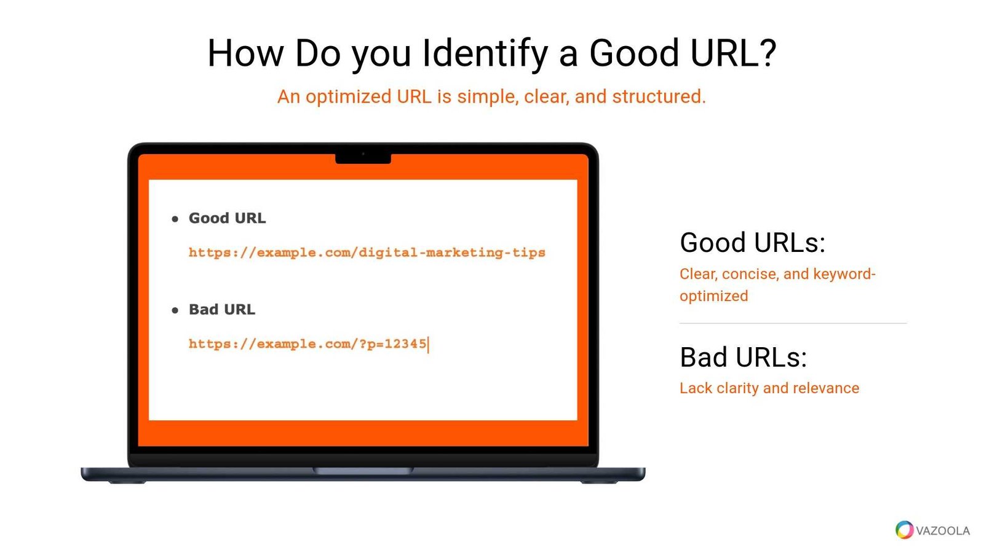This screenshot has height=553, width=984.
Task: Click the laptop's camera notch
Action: pos(363,159)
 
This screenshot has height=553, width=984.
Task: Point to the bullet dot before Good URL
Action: pos(175,219)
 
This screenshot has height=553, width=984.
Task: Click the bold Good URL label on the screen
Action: pos(227,218)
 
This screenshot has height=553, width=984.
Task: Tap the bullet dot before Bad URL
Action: pos(175,310)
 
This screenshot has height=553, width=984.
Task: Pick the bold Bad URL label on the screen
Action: pos(222,310)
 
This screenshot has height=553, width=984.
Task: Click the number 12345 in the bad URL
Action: pos(405,343)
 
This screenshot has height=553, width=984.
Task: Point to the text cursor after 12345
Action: pos(428,345)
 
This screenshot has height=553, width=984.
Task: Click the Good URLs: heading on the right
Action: pos(753,242)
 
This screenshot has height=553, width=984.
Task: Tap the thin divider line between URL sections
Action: pos(793,323)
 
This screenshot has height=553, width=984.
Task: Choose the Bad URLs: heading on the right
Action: pos(744,357)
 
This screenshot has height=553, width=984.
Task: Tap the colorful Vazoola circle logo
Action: pos(904,530)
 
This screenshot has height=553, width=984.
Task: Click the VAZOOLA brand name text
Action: pos(943,531)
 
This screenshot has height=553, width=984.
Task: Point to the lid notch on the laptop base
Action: pos(363,471)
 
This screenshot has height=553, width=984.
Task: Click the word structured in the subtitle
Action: pos(659,96)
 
